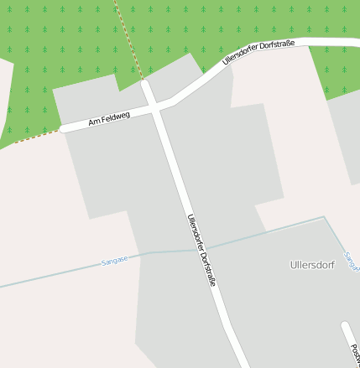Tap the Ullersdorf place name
coord(312,265)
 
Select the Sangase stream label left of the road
coord(115,260)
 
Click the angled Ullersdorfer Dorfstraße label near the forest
coord(259,54)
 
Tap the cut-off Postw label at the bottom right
coord(355,348)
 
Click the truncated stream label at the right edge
coord(352,260)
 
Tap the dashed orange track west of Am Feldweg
coord(34,137)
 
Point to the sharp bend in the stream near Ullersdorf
coord(324,217)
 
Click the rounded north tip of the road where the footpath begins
coord(145,85)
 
